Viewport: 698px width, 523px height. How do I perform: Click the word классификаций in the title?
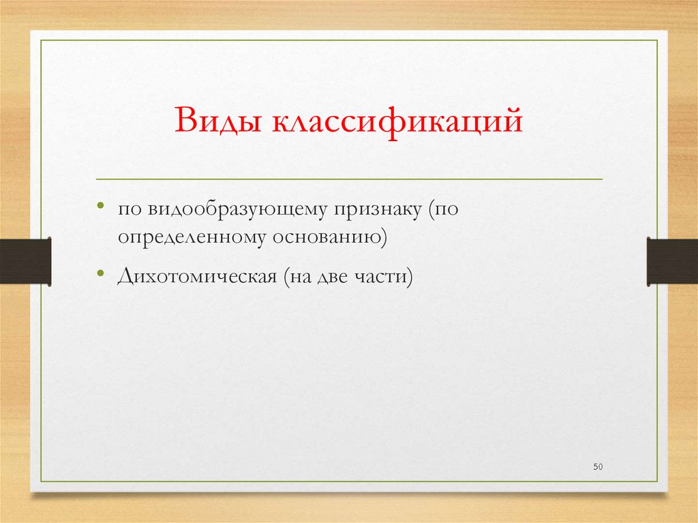[398, 124]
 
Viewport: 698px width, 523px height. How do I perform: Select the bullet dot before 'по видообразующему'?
[100, 206]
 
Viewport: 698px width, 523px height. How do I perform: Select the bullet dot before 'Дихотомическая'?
[100, 273]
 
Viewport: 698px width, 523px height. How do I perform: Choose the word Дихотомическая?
[195, 278]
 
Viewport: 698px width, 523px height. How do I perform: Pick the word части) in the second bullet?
[386, 278]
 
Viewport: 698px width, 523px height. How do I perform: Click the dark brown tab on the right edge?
[672, 260]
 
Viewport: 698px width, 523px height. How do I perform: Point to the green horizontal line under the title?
[349, 179]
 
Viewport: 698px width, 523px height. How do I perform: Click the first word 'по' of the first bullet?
[127, 209]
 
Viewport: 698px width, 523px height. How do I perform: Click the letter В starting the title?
[185, 123]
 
